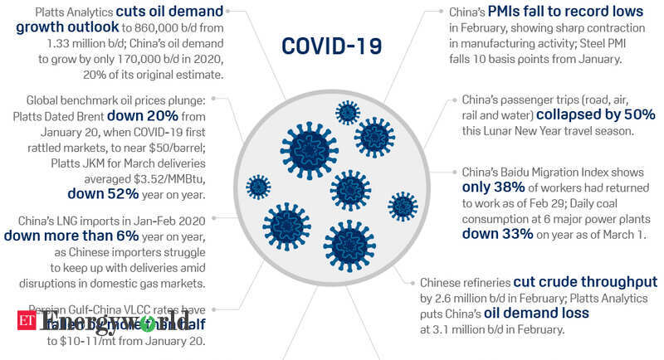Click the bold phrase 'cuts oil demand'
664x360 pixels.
171,12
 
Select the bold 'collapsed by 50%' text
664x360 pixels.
595,114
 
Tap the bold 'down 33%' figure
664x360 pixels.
497,235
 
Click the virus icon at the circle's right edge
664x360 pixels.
403,206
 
